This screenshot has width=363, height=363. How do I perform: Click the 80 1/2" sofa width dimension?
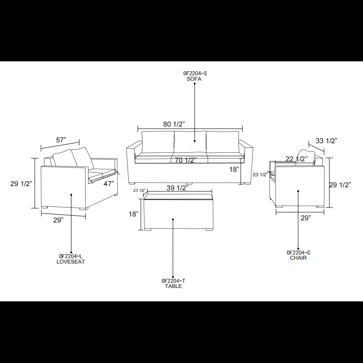174,124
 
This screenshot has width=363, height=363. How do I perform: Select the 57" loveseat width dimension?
61,140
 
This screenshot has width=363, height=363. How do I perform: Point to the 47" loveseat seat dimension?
109,184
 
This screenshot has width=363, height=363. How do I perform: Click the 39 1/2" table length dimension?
177,188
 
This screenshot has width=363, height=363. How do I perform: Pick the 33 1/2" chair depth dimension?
326,141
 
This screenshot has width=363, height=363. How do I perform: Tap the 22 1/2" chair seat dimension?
297,159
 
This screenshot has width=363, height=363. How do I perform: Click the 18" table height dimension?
134,214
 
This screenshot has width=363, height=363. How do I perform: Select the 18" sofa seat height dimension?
234,169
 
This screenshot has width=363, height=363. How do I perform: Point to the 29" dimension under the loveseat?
58,220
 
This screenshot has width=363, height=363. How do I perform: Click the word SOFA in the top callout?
194,79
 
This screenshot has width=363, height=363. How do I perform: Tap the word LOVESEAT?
71,262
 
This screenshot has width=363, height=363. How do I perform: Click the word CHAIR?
298,258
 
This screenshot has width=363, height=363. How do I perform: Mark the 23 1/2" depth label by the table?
140,191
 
